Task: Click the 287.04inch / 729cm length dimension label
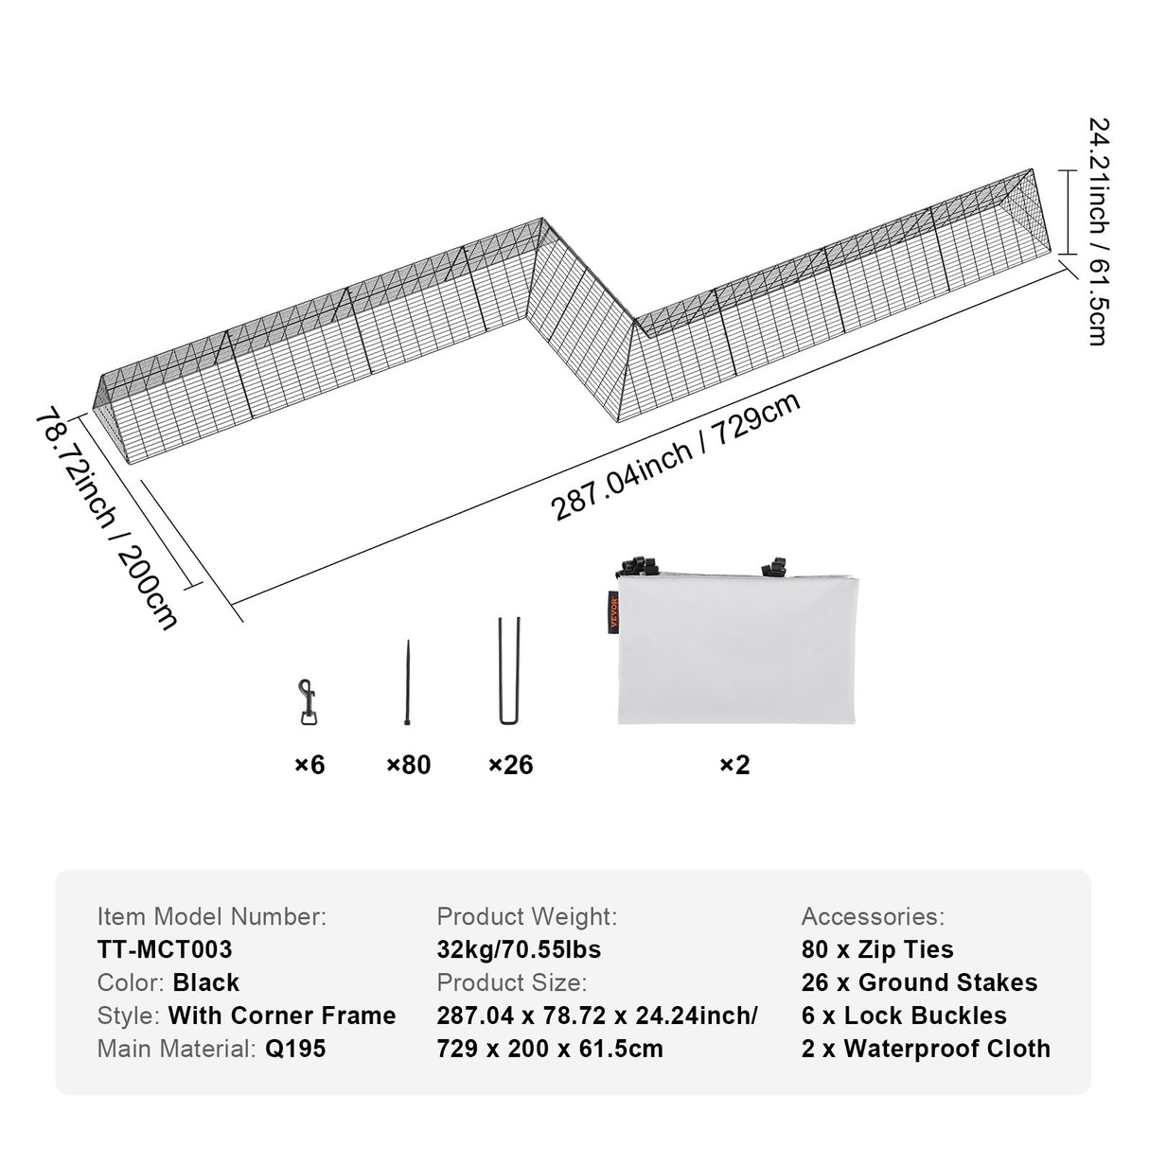pyautogui.click(x=676, y=456)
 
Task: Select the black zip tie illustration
pyautogui.click(x=408, y=682)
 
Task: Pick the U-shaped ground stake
pyautogui.click(x=509, y=671)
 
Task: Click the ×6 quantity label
pyautogui.click(x=309, y=765)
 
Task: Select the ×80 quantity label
pyautogui.click(x=408, y=765)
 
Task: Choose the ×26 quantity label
pyautogui.click(x=510, y=765)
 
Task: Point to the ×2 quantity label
pyautogui.click(x=734, y=765)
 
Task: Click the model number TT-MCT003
pyautogui.click(x=165, y=949)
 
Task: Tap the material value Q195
pyautogui.click(x=294, y=1049)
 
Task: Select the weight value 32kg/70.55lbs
pyautogui.click(x=519, y=949)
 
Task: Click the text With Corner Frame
pyautogui.click(x=282, y=1016)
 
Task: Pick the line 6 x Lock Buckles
pyautogui.click(x=904, y=1016)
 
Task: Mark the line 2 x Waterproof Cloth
pyautogui.click(x=926, y=1049)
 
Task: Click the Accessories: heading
pyautogui.click(x=873, y=916)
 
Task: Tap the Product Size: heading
pyautogui.click(x=511, y=982)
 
